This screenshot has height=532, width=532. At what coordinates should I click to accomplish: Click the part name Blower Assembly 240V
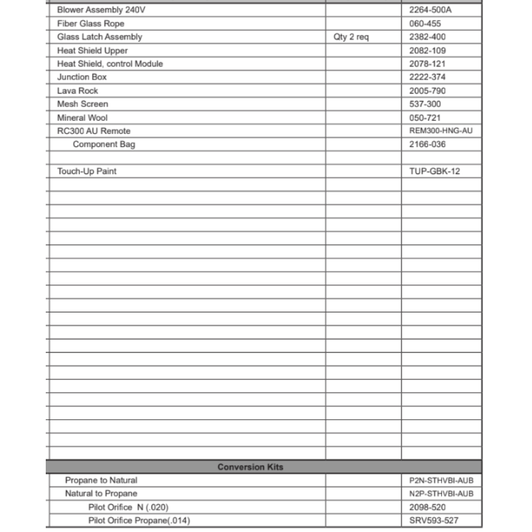point(101,10)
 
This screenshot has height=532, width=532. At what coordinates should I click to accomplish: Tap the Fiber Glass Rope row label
point(91,23)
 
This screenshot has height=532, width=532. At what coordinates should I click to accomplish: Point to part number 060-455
point(425,23)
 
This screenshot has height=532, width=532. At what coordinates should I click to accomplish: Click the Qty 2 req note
point(351,37)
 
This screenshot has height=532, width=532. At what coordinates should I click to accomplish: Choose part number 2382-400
point(428,37)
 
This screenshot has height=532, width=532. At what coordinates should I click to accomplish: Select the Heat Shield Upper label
point(93,51)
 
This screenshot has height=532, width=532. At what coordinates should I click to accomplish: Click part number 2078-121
point(428,64)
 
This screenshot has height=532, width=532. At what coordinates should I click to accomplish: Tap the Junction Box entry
point(82,77)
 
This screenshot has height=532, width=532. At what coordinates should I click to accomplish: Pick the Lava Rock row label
point(78,90)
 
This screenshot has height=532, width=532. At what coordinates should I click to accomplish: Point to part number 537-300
point(425,104)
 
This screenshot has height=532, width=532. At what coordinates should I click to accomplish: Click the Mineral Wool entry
point(82,118)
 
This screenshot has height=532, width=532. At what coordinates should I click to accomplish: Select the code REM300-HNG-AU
point(441,131)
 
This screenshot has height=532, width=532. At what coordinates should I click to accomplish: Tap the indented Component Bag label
point(104,144)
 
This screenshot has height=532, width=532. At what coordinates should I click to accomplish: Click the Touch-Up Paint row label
point(87,171)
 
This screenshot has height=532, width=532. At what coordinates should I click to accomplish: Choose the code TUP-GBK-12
point(435,171)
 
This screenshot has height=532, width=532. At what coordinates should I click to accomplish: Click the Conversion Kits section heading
point(251,467)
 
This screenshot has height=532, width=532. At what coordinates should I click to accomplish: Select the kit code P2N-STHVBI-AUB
point(441,480)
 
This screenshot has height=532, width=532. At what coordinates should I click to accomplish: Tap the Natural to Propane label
point(101,494)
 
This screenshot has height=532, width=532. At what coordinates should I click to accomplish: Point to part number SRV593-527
point(434,520)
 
